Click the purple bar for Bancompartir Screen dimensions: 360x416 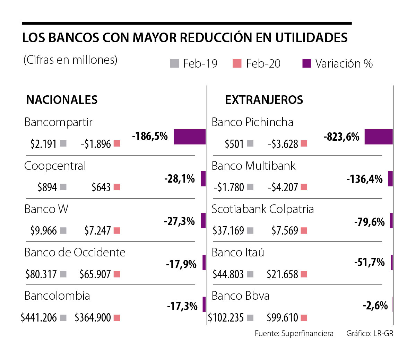189,137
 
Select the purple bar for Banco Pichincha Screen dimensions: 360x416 378,137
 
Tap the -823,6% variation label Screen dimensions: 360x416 341,137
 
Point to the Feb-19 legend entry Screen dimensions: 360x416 194,63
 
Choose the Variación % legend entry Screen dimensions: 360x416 338,63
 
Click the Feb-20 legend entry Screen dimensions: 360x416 257,63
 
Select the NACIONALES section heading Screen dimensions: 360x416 62,100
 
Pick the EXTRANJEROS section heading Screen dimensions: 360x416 264,100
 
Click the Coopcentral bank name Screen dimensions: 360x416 55,166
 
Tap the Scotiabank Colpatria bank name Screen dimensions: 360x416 262,209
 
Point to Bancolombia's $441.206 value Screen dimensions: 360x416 38,317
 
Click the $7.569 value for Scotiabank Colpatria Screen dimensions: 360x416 285,230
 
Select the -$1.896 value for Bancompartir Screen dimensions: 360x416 96,144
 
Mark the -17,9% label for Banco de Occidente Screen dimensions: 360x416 181,264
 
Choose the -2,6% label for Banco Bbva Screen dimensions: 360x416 375,305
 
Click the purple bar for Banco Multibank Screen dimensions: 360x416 390,179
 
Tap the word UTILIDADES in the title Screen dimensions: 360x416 311,37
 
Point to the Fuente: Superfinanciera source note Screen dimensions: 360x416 294,333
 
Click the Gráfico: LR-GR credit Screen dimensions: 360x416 370,333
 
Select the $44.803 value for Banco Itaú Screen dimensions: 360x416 228,274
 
